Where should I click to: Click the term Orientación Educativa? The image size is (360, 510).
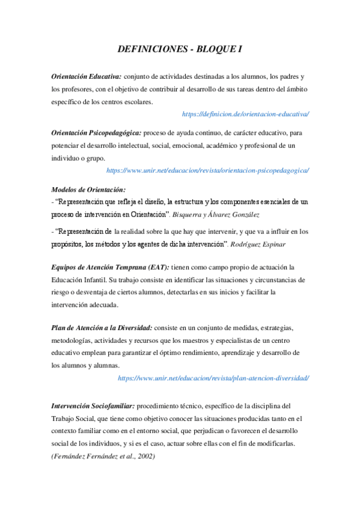point(87,76)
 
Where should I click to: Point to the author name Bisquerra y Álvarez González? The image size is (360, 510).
point(219,214)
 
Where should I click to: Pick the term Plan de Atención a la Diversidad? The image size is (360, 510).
point(102,327)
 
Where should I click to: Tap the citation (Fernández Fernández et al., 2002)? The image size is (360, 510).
point(103,456)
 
